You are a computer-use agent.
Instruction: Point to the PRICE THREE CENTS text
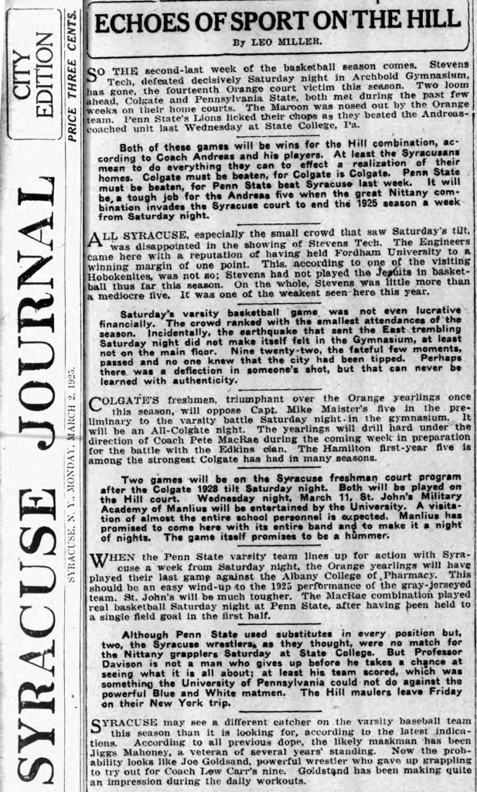[x=72, y=76]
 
